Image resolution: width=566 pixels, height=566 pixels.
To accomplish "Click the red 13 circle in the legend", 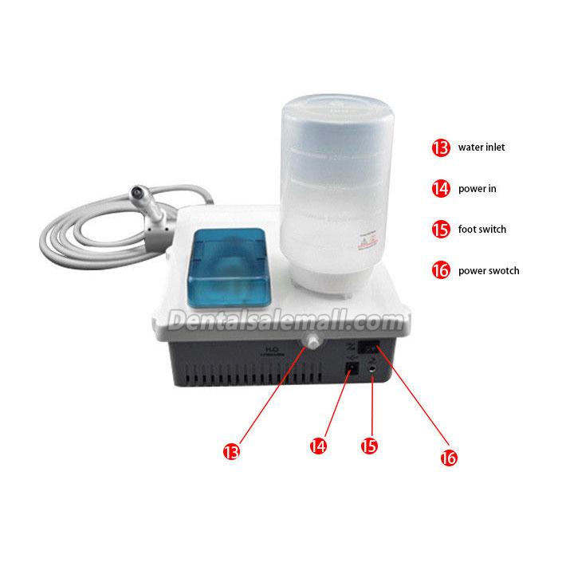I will [440, 147].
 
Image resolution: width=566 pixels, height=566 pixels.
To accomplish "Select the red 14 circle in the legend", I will [440, 189].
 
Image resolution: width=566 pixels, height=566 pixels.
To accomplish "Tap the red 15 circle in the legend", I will [440, 230].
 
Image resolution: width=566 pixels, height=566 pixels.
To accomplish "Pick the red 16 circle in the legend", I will [440, 270].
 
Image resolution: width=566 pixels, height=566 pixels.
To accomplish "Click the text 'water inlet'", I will [481, 147].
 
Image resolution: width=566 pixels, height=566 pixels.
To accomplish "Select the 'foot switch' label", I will [481, 230].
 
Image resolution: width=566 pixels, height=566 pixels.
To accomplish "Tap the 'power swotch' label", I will [488, 271].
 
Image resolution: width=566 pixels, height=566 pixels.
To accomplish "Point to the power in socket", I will [352, 369].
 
